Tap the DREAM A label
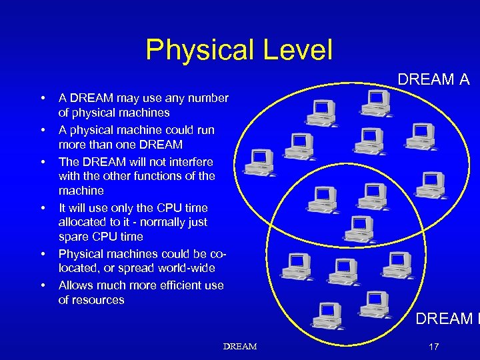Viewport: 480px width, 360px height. (x=433, y=80)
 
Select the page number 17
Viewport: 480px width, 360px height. (x=435, y=347)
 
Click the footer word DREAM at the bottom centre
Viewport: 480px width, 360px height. (x=240, y=347)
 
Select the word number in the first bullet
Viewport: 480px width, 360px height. (x=208, y=99)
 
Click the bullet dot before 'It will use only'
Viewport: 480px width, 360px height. (x=43, y=208)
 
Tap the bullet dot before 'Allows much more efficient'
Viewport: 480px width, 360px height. (x=43, y=285)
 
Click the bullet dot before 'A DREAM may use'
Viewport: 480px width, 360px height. (x=43, y=99)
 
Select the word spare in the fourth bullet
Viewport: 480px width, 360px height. (x=74, y=237)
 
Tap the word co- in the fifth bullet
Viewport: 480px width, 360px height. (x=219, y=254)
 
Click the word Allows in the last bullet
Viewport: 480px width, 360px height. (x=75, y=285)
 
